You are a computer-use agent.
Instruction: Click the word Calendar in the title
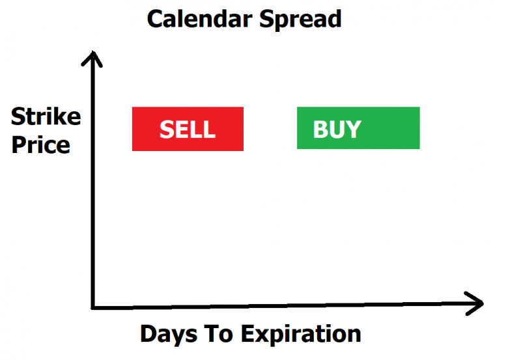coord(200,19)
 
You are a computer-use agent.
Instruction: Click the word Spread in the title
coord(300,20)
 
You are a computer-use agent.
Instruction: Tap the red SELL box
coord(188,129)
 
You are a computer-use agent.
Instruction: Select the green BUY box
coord(358,128)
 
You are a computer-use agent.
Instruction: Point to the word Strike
coord(46,117)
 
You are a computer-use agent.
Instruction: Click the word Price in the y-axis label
coord(40,145)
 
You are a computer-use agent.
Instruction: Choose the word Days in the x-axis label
coord(169,334)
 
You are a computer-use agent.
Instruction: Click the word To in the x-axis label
coord(218,334)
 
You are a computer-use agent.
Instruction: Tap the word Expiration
coord(301,334)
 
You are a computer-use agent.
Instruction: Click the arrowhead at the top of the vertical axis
coord(92,53)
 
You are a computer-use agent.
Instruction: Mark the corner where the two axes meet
coord(93,307)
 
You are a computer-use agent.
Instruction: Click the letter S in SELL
coord(167,129)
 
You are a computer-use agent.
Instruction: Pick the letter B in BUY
coord(320,129)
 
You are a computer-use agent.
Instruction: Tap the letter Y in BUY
coord(353,129)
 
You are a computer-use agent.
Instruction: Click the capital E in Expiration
coord(247,334)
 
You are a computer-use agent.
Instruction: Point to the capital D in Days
coord(148,334)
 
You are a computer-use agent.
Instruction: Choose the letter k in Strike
coord(59,117)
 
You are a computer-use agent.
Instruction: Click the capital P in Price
coord(19,145)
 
